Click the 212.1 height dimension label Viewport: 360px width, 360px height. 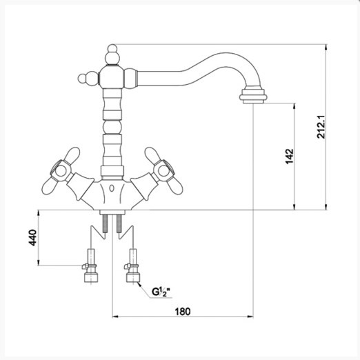coord(321,127)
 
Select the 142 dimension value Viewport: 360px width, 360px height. coord(290,157)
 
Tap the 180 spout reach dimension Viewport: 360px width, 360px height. coord(183,312)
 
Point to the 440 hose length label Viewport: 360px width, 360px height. coord(32,237)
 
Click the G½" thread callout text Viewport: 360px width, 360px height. coord(161,292)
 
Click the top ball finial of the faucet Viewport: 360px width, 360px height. coord(112,48)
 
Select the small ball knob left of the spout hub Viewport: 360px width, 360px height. coord(82,78)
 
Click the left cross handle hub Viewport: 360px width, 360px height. coord(61,171)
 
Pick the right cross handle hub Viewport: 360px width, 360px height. coord(163,171)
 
